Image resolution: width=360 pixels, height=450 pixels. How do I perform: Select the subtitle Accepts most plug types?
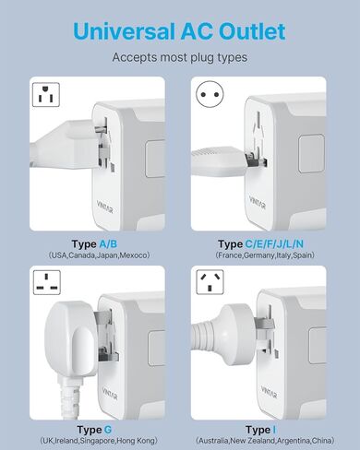(179, 57)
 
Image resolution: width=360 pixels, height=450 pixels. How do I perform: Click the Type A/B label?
(90, 243)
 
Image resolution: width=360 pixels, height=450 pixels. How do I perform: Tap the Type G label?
(90, 430)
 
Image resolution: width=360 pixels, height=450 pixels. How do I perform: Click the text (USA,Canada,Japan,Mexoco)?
(90, 255)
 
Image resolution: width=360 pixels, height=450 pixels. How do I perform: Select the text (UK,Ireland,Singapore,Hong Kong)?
(90, 442)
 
